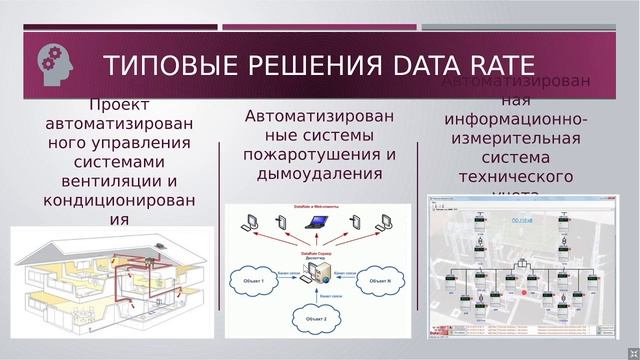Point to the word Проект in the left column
119,105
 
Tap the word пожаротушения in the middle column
320,154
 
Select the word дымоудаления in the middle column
320,173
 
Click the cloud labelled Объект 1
254,282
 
